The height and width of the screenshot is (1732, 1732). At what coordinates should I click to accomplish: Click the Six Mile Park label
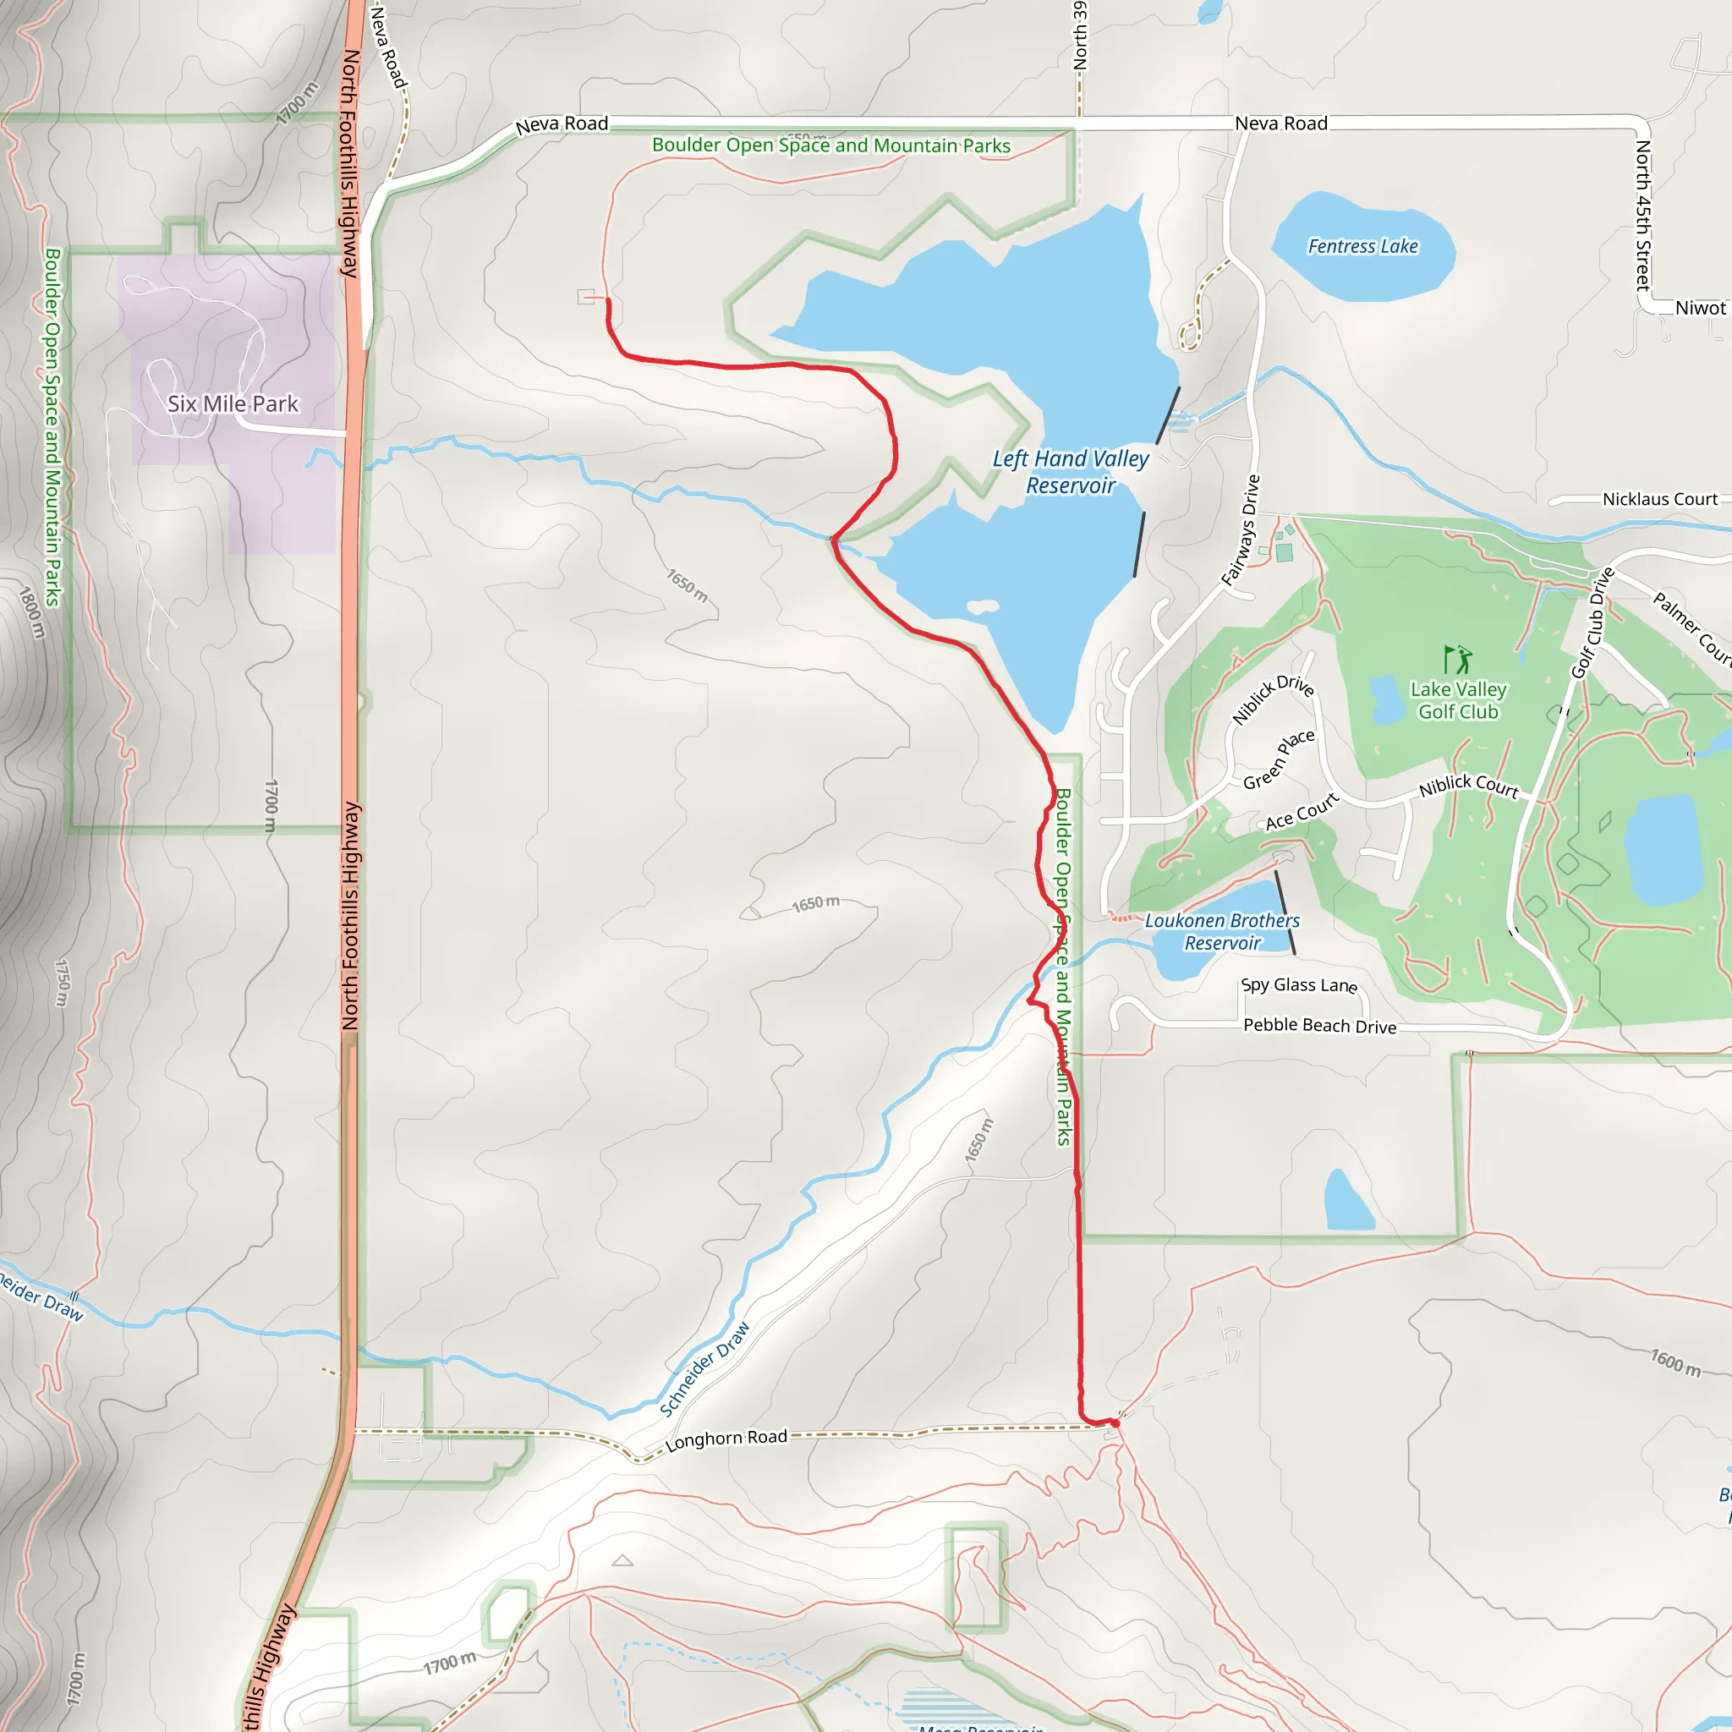[233, 404]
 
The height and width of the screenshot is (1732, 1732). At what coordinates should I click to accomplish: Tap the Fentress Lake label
[1362, 247]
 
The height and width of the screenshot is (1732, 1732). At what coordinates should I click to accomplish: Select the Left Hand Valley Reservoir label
[1071, 473]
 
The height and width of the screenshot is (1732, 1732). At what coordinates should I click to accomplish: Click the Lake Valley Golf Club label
[1458, 701]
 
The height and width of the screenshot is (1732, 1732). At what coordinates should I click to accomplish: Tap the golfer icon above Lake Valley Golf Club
[1458, 660]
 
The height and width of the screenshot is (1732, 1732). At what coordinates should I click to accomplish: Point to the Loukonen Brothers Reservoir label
[1222, 932]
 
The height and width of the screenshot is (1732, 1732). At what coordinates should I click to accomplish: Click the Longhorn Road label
[726, 1439]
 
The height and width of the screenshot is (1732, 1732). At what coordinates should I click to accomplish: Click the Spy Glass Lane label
[1299, 985]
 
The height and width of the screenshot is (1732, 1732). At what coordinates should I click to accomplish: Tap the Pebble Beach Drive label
[1319, 1026]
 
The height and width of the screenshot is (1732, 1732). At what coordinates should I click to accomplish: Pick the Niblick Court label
[1468, 787]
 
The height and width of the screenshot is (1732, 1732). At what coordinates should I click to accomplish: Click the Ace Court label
[1302, 812]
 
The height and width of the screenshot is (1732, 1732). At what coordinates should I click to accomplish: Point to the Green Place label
[1279, 759]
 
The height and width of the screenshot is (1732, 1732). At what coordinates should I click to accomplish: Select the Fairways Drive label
[1241, 531]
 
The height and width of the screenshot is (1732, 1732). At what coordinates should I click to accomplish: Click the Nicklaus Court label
[1659, 499]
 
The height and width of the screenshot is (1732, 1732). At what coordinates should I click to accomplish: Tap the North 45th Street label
[1642, 215]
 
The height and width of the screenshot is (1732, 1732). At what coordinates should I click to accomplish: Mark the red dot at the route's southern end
[1115, 1423]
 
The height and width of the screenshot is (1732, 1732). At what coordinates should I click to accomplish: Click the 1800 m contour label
[31, 612]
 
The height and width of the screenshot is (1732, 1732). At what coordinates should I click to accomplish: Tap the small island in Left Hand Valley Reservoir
[984, 607]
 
